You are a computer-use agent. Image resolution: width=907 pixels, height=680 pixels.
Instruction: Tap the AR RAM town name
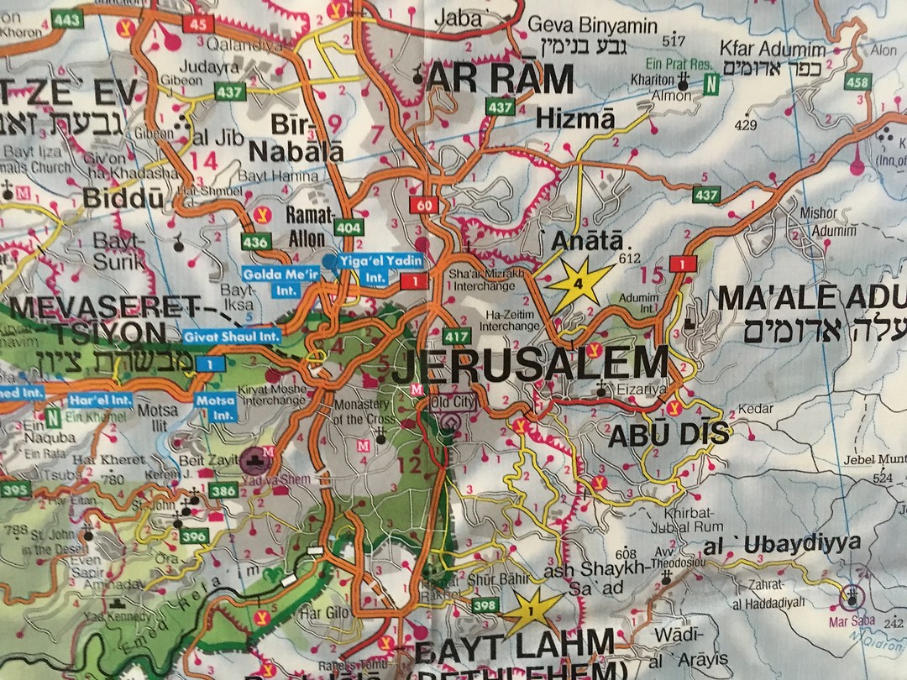click(501, 80)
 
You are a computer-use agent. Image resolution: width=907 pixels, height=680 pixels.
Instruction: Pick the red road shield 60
click(422, 205)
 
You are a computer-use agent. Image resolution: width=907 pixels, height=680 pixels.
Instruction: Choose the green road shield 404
click(349, 227)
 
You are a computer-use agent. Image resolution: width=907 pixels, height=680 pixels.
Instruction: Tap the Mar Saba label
click(853, 621)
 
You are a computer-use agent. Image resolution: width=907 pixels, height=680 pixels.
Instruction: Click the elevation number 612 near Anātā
click(628, 258)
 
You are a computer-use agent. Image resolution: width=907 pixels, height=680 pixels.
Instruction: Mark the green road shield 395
click(14, 489)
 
